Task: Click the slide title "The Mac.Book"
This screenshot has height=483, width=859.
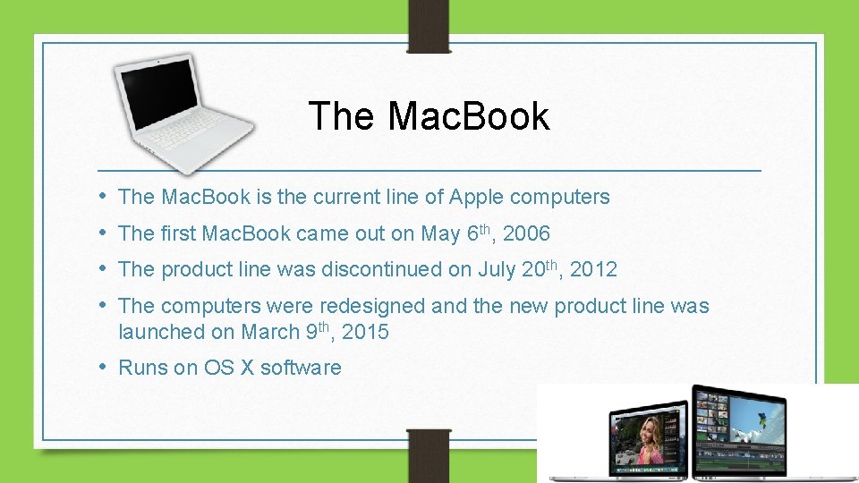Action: click(x=429, y=116)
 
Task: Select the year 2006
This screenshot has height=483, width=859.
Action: click(x=526, y=234)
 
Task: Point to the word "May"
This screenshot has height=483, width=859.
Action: click(x=440, y=234)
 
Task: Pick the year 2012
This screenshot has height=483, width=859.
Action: click(x=593, y=269)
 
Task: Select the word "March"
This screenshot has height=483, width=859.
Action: click(x=270, y=332)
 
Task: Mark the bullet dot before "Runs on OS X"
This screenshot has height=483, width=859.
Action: click(x=105, y=367)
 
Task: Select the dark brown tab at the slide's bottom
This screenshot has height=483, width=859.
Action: click(x=429, y=456)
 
